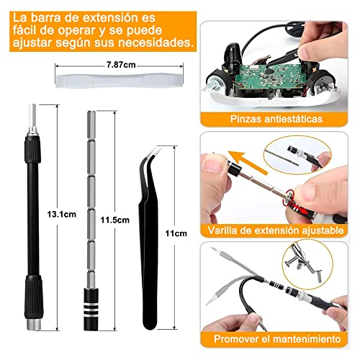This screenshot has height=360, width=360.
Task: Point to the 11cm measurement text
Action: pos(174,233)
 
